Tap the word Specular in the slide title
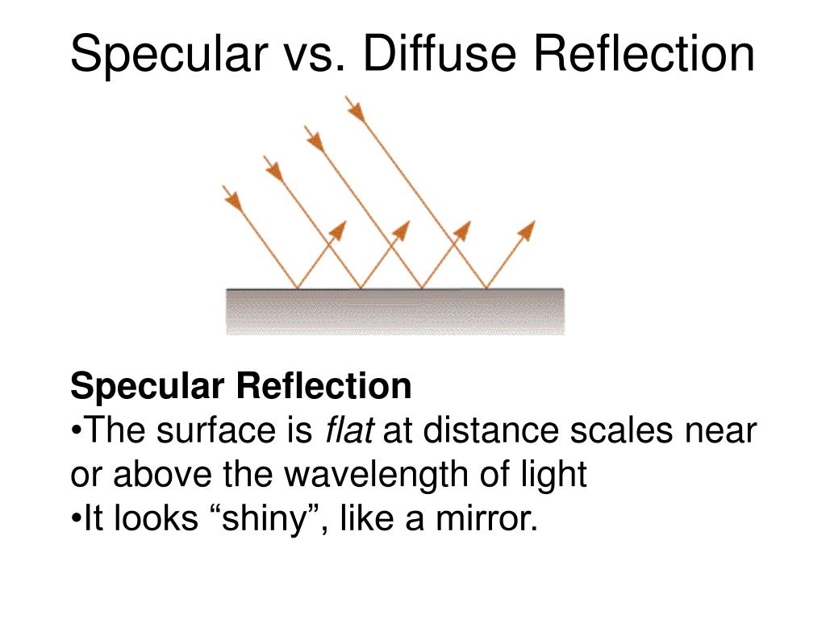(x=169, y=54)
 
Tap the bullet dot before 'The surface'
(x=75, y=433)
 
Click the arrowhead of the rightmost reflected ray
(x=526, y=231)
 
